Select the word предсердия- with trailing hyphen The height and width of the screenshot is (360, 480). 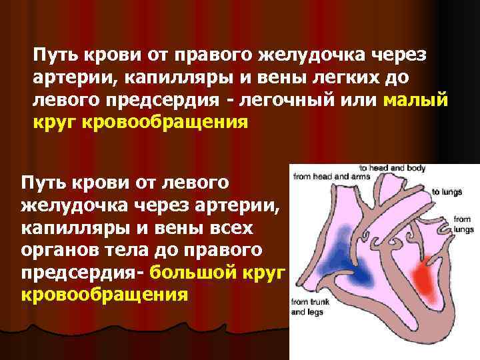[83, 273]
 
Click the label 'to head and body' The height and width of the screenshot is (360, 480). [392, 168]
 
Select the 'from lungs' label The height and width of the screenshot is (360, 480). [463, 223]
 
